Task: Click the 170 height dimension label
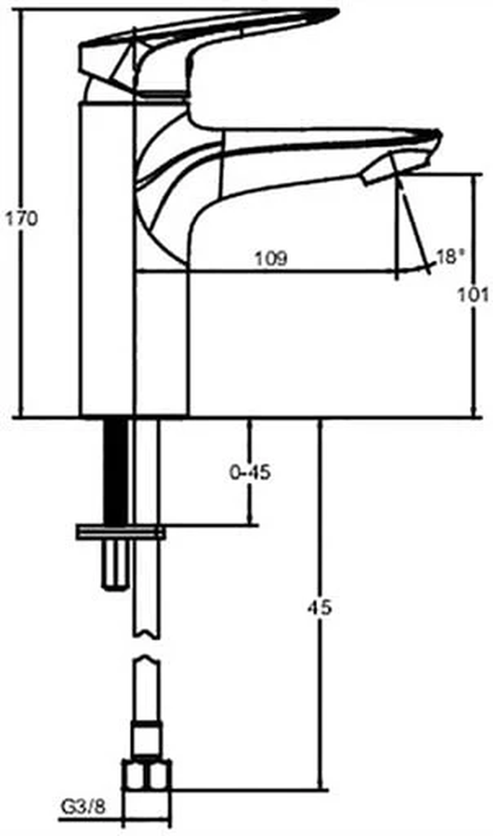click(21, 218)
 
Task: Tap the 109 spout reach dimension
click(271, 258)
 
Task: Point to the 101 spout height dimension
click(473, 295)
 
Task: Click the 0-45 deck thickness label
click(250, 473)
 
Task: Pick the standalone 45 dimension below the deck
click(320, 608)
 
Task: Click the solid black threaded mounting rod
click(115, 471)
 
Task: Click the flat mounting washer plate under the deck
click(121, 532)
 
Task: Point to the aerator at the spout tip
click(381, 170)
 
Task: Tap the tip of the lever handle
click(338, 12)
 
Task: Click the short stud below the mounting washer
click(115, 564)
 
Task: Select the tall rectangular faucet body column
click(107, 259)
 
